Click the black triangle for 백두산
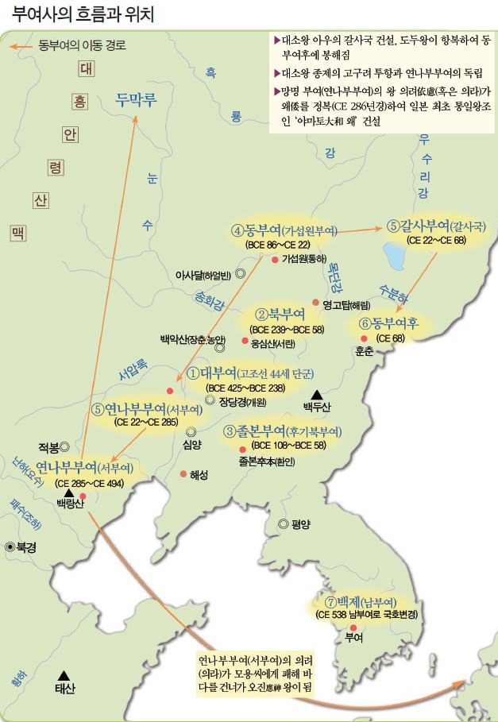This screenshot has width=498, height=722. [317, 394]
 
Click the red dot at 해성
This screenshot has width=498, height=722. [183, 474]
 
